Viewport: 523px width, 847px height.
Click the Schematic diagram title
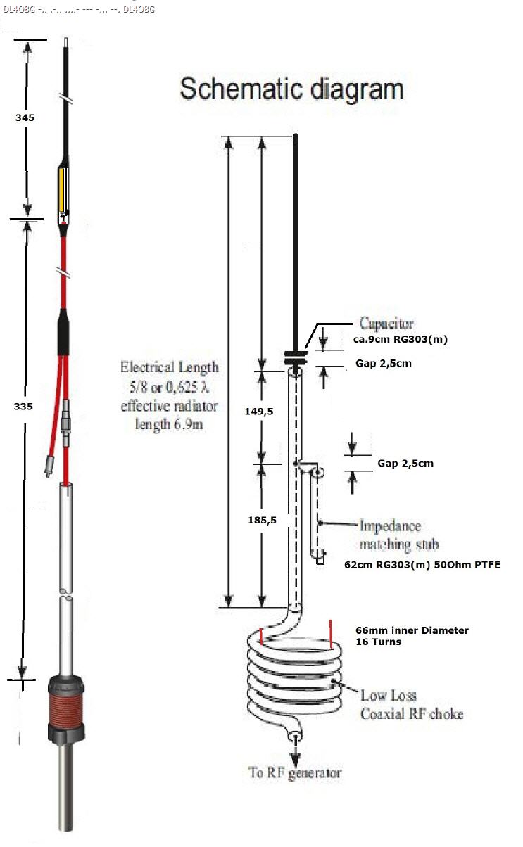(292, 89)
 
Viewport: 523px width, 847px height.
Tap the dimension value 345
(25, 117)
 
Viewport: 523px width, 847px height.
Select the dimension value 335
(23, 407)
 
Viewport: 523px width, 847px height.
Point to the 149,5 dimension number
(259, 412)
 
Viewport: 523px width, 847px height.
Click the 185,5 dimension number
(262, 521)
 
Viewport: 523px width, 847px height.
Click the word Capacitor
(386, 324)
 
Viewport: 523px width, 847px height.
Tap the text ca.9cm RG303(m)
(401, 339)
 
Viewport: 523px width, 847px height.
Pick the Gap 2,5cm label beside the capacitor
(384, 364)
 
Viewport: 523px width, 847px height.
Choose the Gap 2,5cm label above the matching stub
(405, 464)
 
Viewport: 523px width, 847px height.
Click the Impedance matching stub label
(399, 535)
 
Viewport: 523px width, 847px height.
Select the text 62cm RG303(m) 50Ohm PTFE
(422, 565)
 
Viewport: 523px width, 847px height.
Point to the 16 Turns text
(378, 642)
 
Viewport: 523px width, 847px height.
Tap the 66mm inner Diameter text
(412, 630)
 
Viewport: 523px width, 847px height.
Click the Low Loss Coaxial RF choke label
(412, 704)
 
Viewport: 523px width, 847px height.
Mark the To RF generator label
(294, 773)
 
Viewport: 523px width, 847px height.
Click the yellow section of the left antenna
(62, 190)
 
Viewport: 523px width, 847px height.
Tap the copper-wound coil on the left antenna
(66, 704)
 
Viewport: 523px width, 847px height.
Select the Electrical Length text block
(169, 395)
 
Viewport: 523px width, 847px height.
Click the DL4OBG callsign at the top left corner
(19, 10)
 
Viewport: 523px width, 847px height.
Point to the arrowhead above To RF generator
(295, 758)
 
